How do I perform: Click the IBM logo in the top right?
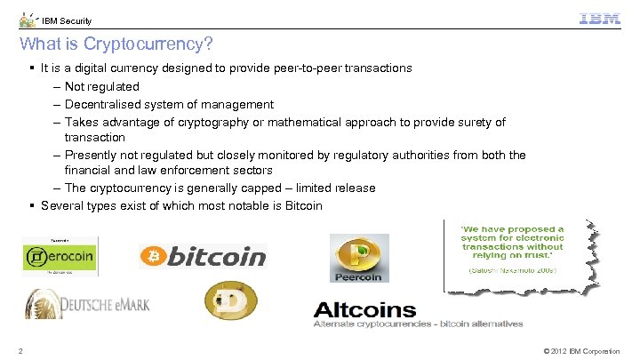click(x=599, y=20)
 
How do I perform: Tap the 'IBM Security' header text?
click(x=67, y=21)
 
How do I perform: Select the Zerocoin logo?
click(x=58, y=258)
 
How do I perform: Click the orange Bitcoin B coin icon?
click(x=154, y=257)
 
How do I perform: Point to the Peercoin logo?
click(x=359, y=258)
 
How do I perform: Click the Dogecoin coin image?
click(x=230, y=301)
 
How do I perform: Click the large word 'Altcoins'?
click(x=364, y=310)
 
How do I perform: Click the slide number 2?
click(x=21, y=351)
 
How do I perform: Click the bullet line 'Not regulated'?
click(x=101, y=87)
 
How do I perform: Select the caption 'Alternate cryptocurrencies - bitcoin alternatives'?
click(x=419, y=324)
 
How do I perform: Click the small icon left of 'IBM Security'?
click(x=28, y=20)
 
